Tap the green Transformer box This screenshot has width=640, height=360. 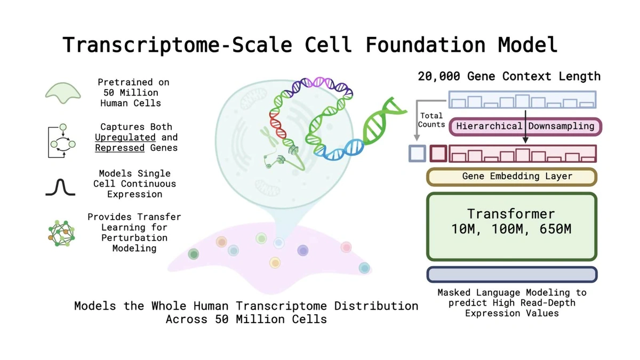point(511,227)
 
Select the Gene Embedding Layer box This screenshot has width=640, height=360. point(511,177)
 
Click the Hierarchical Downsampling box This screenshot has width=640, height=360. point(525,126)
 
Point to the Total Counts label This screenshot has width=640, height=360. point(431,120)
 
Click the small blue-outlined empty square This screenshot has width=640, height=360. point(417,154)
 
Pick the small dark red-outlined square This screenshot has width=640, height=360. point(438,154)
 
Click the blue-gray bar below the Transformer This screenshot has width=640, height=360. point(511,274)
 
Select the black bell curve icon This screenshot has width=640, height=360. point(61,187)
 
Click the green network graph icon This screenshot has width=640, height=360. point(61,233)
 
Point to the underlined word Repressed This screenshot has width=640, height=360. point(119,148)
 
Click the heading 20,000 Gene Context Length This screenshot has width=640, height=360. point(509,76)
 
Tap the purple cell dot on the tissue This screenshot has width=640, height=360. point(302,250)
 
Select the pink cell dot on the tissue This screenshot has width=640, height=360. point(346,247)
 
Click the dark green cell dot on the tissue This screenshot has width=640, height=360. point(194,254)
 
